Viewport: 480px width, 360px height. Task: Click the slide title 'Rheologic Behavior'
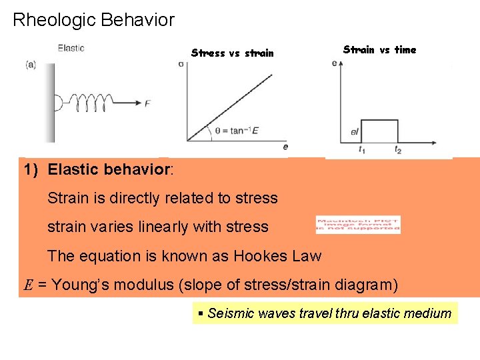[x=93, y=20]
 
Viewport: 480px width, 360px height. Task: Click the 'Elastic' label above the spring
[x=71, y=48]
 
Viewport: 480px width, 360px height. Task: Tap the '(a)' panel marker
[x=31, y=65]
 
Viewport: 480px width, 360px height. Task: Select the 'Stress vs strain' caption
[x=232, y=53]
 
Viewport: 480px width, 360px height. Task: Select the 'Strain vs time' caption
[x=379, y=49]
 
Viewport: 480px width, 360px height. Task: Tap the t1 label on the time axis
[x=362, y=150]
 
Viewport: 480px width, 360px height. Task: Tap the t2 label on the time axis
[x=397, y=150]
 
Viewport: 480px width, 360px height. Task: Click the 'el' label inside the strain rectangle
[x=354, y=132]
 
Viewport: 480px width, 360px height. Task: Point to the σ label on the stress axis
[x=181, y=63]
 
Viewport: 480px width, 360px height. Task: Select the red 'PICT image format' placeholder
[x=358, y=225]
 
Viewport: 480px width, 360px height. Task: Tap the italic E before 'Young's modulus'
[x=29, y=286]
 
